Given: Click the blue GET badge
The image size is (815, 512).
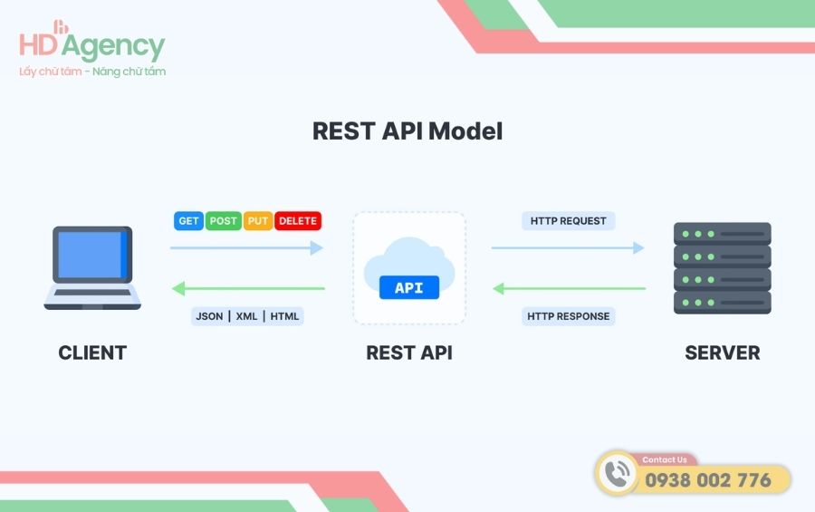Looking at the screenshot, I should (188, 220).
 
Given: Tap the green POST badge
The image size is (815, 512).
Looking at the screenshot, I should (223, 220).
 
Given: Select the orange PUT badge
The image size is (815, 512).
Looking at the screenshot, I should (258, 220).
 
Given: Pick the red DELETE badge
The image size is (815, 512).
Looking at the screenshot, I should (298, 220).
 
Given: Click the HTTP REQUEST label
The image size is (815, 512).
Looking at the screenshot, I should (569, 220).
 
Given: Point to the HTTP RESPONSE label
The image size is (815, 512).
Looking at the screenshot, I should (569, 316).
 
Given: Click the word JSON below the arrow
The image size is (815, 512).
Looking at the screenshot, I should (211, 316).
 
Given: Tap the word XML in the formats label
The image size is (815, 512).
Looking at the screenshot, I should (246, 316).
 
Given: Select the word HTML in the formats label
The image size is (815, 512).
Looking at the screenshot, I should (284, 316).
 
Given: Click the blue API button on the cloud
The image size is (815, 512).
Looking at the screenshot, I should (408, 288).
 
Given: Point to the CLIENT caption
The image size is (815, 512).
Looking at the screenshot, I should (92, 353).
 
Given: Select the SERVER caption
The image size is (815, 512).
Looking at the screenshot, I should (722, 353).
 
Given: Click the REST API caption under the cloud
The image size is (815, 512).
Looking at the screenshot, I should (408, 353).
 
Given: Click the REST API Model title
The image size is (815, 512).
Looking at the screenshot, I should (407, 130).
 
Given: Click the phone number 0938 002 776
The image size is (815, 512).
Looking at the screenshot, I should (707, 479).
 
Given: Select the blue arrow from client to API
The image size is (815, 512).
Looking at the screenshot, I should (246, 247).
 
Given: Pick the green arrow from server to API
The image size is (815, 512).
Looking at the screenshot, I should (569, 289).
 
